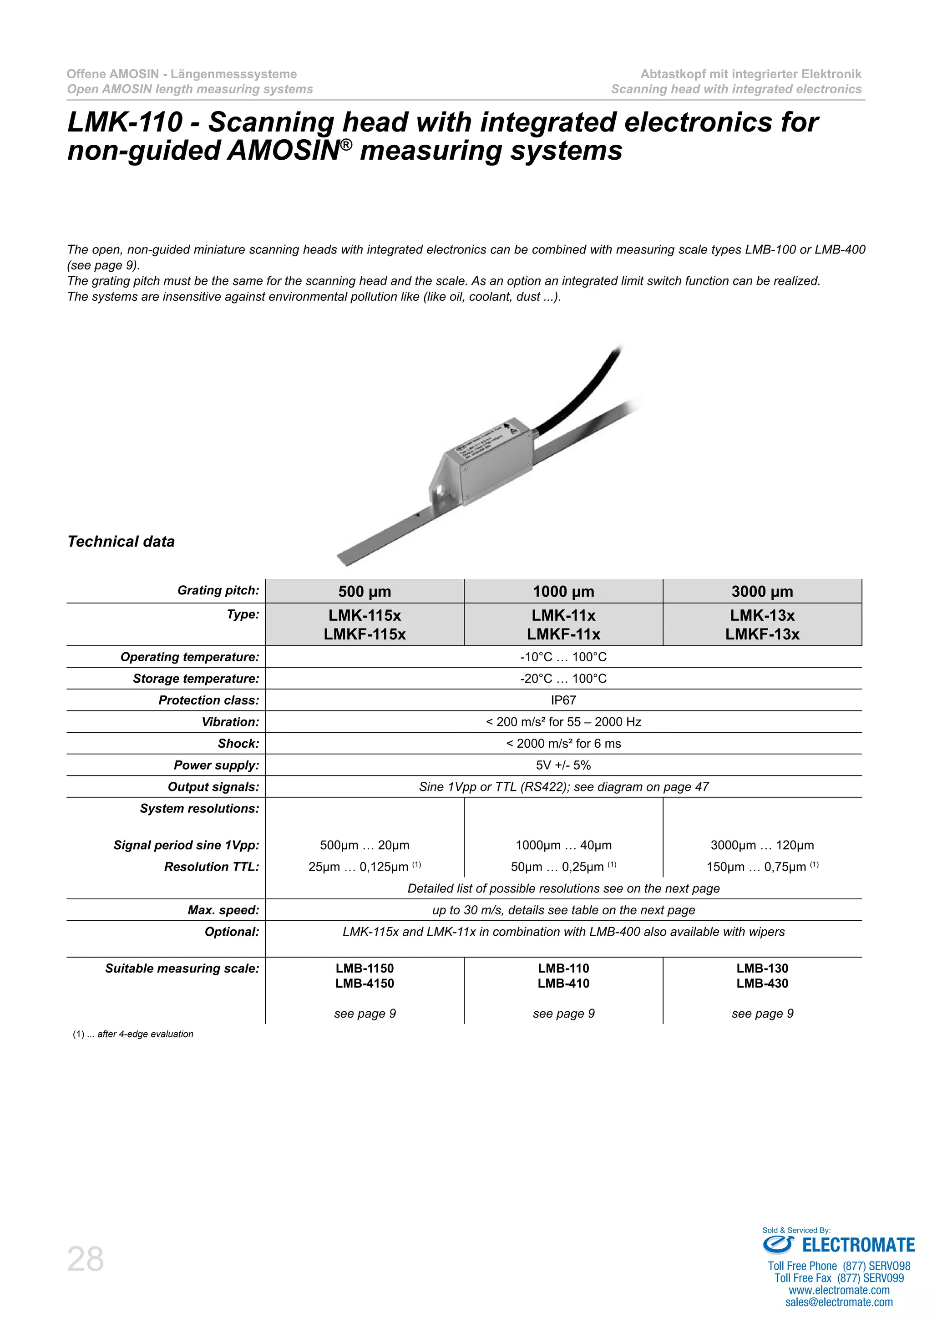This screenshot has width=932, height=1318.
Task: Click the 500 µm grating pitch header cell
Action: [x=365, y=591]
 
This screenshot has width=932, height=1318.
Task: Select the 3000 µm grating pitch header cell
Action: [x=762, y=591]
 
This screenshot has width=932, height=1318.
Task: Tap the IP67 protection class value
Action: [x=563, y=700]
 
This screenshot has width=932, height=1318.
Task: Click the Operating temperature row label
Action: [x=189, y=657]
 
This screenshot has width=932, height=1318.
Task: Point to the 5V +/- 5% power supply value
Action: [x=563, y=765]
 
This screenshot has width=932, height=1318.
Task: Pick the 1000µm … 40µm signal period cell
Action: [x=563, y=845]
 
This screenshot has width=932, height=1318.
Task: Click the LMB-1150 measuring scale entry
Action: [x=365, y=968]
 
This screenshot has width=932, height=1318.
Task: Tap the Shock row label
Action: [x=238, y=743]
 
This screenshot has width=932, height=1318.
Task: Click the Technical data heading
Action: [x=121, y=541]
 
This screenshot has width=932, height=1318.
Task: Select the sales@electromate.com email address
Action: [x=839, y=1302]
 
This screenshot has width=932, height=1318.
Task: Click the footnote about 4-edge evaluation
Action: [x=133, y=1034]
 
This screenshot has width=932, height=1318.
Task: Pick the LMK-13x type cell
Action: [x=762, y=615]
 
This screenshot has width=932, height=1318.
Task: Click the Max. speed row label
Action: [x=223, y=910]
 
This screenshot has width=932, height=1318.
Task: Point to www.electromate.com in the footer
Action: [x=839, y=1290]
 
